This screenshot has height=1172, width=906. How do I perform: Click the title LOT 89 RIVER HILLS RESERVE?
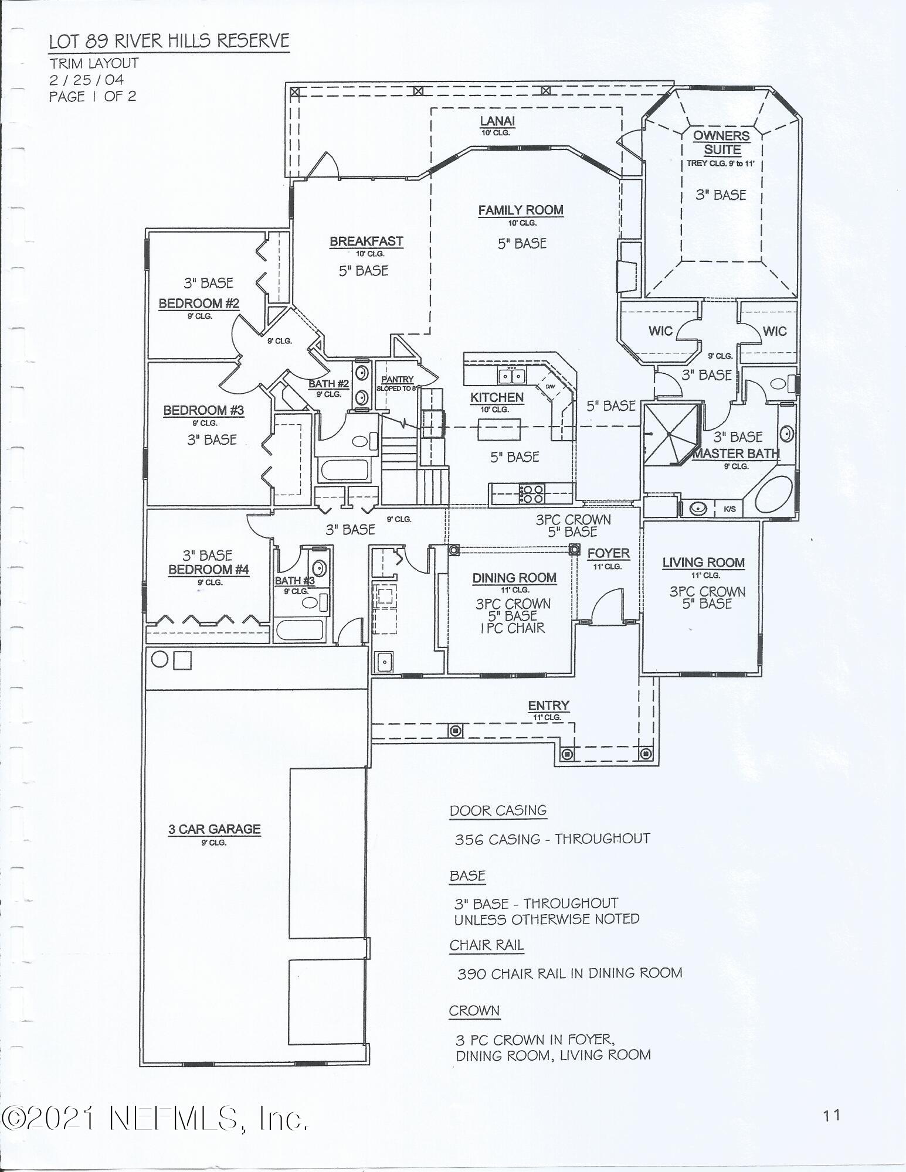click(169, 41)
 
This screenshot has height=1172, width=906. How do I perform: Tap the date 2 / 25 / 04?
click(86, 80)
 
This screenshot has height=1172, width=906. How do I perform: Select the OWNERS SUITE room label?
click(721, 142)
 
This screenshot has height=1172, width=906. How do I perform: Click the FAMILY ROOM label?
click(520, 210)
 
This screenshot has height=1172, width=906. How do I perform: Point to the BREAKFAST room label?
click(366, 241)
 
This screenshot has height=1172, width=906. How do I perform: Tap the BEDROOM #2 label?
click(198, 304)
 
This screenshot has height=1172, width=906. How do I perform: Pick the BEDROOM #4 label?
click(208, 569)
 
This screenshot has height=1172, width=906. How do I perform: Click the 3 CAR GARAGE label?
click(214, 829)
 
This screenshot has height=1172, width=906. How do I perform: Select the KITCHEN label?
click(496, 397)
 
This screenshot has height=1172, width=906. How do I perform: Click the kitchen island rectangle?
click(499, 429)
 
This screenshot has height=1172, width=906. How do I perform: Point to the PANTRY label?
click(398, 380)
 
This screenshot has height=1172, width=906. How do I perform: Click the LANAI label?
click(497, 121)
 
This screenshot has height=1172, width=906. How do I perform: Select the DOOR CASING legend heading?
click(498, 810)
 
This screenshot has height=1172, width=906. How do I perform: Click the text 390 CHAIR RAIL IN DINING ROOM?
click(569, 973)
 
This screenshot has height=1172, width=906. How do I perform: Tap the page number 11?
click(832, 1115)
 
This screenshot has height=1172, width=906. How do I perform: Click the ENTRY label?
click(548, 706)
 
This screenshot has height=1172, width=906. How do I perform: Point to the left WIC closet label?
click(660, 331)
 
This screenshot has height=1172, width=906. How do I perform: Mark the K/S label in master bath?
click(729, 509)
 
